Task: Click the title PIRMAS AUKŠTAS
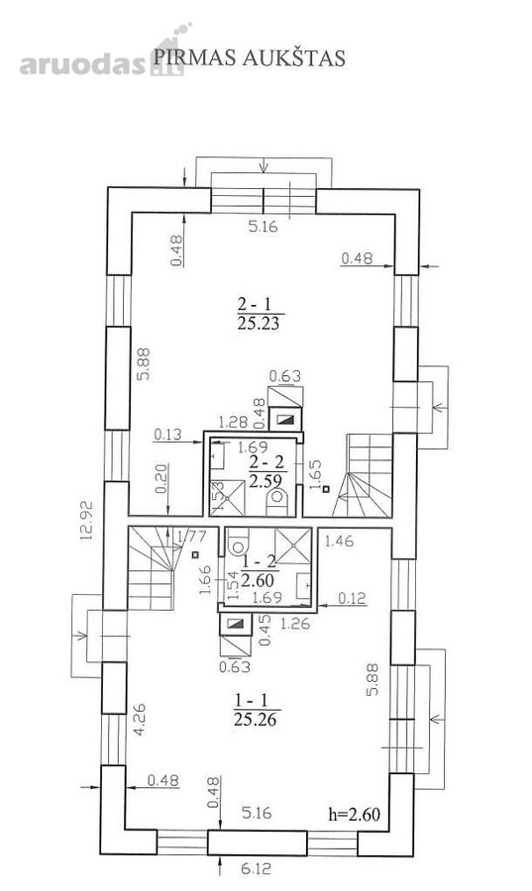click(250, 57)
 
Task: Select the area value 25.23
click(258, 323)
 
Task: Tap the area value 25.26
click(256, 720)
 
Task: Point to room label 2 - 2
click(266, 462)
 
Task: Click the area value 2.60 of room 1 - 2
click(258, 580)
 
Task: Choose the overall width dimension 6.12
click(257, 868)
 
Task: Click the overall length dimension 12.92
click(86, 520)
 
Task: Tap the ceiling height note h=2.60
click(354, 815)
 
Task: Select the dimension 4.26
click(140, 720)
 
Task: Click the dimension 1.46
click(339, 541)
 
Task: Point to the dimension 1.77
click(191, 536)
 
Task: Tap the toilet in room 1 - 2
click(238, 543)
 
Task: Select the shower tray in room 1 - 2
click(293, 545)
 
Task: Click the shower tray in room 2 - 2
click(227, 498)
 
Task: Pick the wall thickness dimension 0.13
click(167, 435)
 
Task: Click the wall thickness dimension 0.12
click(353, 598)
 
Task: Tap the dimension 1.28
click(234, 422)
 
